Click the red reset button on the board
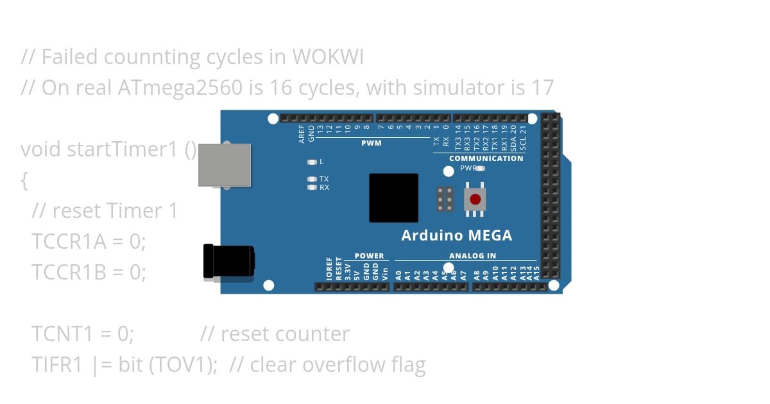pos(475,199)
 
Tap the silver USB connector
pos(224,165)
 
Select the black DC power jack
pos(228,261)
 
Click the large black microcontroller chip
pos(393,198)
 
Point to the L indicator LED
pos(312,162)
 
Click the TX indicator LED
pos(312,179)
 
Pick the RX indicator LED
pos(312,187)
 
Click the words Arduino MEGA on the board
pos(456,235)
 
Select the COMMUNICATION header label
pos(486,158)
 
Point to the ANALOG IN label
pos(472,256)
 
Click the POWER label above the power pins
pos(369,256)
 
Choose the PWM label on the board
pos(371,143)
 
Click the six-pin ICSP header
pos(445,199)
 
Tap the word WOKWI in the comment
pos(328,57)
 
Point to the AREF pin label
pos(302,133)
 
